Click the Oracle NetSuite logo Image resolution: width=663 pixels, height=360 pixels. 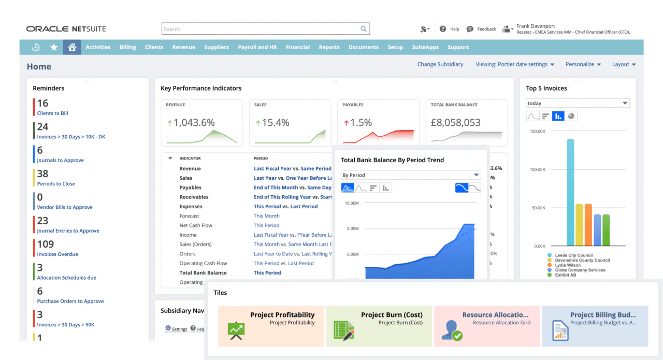pyautogui.click(x=66, y=29)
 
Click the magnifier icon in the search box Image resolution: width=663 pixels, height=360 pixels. pyautogui.click(x=364, y=29)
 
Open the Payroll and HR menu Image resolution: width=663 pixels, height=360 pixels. pyautogui.click(x=257, y=47)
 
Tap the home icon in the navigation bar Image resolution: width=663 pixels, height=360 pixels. pyautogui.click(x=72, y=47)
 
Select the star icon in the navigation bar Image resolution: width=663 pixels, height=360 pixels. pyautogui.click(x=54, y=47)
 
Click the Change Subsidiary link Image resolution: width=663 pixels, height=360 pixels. pyautogui.click(x=440, y=64)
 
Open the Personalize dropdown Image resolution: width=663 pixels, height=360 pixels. pyautogui.click(x=583, y=64)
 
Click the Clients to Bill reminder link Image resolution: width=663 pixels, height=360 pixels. pyautogui.click(x=52, y=113)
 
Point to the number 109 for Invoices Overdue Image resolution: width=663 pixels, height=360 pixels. pyautogui.click(x=46, y=244)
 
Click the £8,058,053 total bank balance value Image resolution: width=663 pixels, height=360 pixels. pyautogui.click(x=455, y=123)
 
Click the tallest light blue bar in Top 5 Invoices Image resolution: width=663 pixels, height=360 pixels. pyautogui.click(x=570, y=192)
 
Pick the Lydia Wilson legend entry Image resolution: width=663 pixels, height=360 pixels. pyautogui.click(x=567, y=265)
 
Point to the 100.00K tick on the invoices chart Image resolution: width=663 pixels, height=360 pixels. pyautogui.click(x=537, y=169)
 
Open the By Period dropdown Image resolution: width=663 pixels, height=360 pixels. pyautogui.click(x=410, y=175)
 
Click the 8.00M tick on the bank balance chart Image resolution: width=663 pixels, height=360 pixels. pyautogui.click(x=352, y=228)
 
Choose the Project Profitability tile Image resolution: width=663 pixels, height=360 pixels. pyautogui.click(x=271, y=326)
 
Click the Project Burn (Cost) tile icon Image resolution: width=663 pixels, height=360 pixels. pyautogui.click(x=343, y=330)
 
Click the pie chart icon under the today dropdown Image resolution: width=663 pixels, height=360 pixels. pyautogui.click(x=571, y=116)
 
